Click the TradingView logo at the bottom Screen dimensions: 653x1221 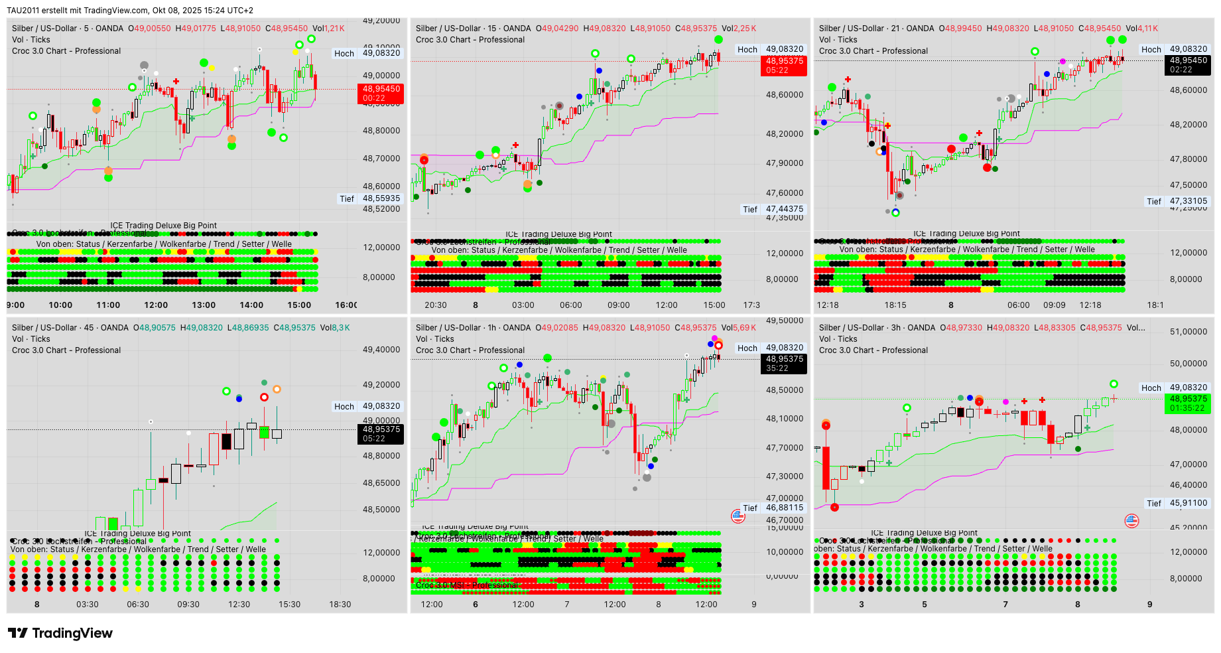click(x=60, y=633)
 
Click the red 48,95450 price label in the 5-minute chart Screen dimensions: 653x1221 click(x=381, y=94)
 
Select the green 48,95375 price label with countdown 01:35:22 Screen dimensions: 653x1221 click(x=1187, y=403)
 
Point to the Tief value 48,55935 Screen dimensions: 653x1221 click(x=381, y=198)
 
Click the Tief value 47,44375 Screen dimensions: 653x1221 click(x=785, y=209)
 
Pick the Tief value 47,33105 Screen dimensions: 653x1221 click(x=1189, y=201)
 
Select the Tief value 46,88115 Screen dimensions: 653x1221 click(x=785, y=508)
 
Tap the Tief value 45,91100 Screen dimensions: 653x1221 click(x=1189, y=503)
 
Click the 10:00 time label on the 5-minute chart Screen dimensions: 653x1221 click(x=60, y=305)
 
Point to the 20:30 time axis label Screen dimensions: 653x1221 click(x=436, y=305)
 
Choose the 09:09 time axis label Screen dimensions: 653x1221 click(x=1055, y=305)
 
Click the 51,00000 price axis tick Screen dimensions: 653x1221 click(x=1189, y=332)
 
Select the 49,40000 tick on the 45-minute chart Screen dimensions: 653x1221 click(x=381, y=350)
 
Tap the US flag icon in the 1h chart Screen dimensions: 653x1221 click(x=738, y=516)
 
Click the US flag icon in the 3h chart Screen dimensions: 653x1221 click(x=1132, y=521)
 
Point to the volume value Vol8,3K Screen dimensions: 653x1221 click(x=335, y=328)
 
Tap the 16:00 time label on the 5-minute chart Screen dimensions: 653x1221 click(x=346, y=305)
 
